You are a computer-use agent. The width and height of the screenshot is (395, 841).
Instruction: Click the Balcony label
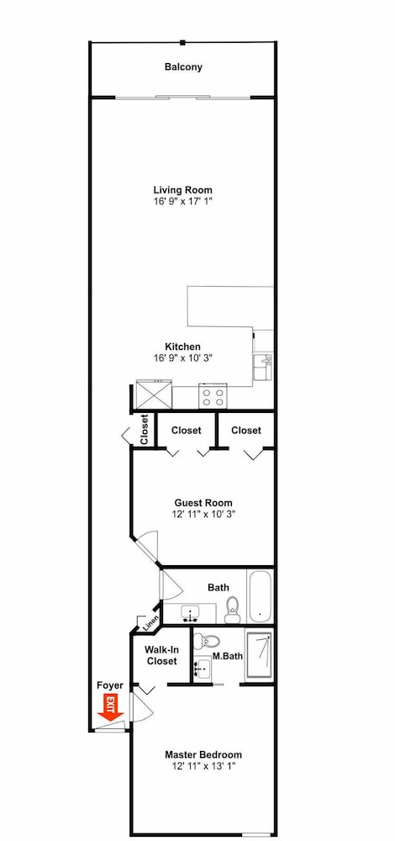point(183,67)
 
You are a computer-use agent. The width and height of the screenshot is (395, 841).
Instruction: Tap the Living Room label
point(182,190)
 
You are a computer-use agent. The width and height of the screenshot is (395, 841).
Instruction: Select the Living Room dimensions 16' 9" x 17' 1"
point(182,202)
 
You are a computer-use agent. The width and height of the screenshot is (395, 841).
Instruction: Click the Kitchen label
point(182,347)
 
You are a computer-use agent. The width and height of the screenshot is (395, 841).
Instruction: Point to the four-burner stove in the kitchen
point(212,396)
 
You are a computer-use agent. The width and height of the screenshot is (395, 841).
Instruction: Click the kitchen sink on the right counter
point(263,368)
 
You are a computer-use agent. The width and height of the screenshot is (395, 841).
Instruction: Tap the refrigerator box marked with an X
point(153,394)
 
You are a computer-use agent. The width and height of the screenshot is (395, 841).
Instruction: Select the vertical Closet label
point(145,430)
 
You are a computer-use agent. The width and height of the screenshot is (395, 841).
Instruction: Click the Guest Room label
point(203,503)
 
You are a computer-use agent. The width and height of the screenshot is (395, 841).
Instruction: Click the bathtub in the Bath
point(260,595)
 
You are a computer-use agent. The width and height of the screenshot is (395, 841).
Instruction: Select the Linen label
point(149,623)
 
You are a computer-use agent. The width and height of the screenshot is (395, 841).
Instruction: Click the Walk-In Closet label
point(161,655)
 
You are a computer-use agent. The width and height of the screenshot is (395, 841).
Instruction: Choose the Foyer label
point(110,685)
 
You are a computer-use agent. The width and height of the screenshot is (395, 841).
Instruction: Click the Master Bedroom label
point(203,754)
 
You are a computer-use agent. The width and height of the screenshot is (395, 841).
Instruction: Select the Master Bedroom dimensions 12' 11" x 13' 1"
point(203,766)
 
